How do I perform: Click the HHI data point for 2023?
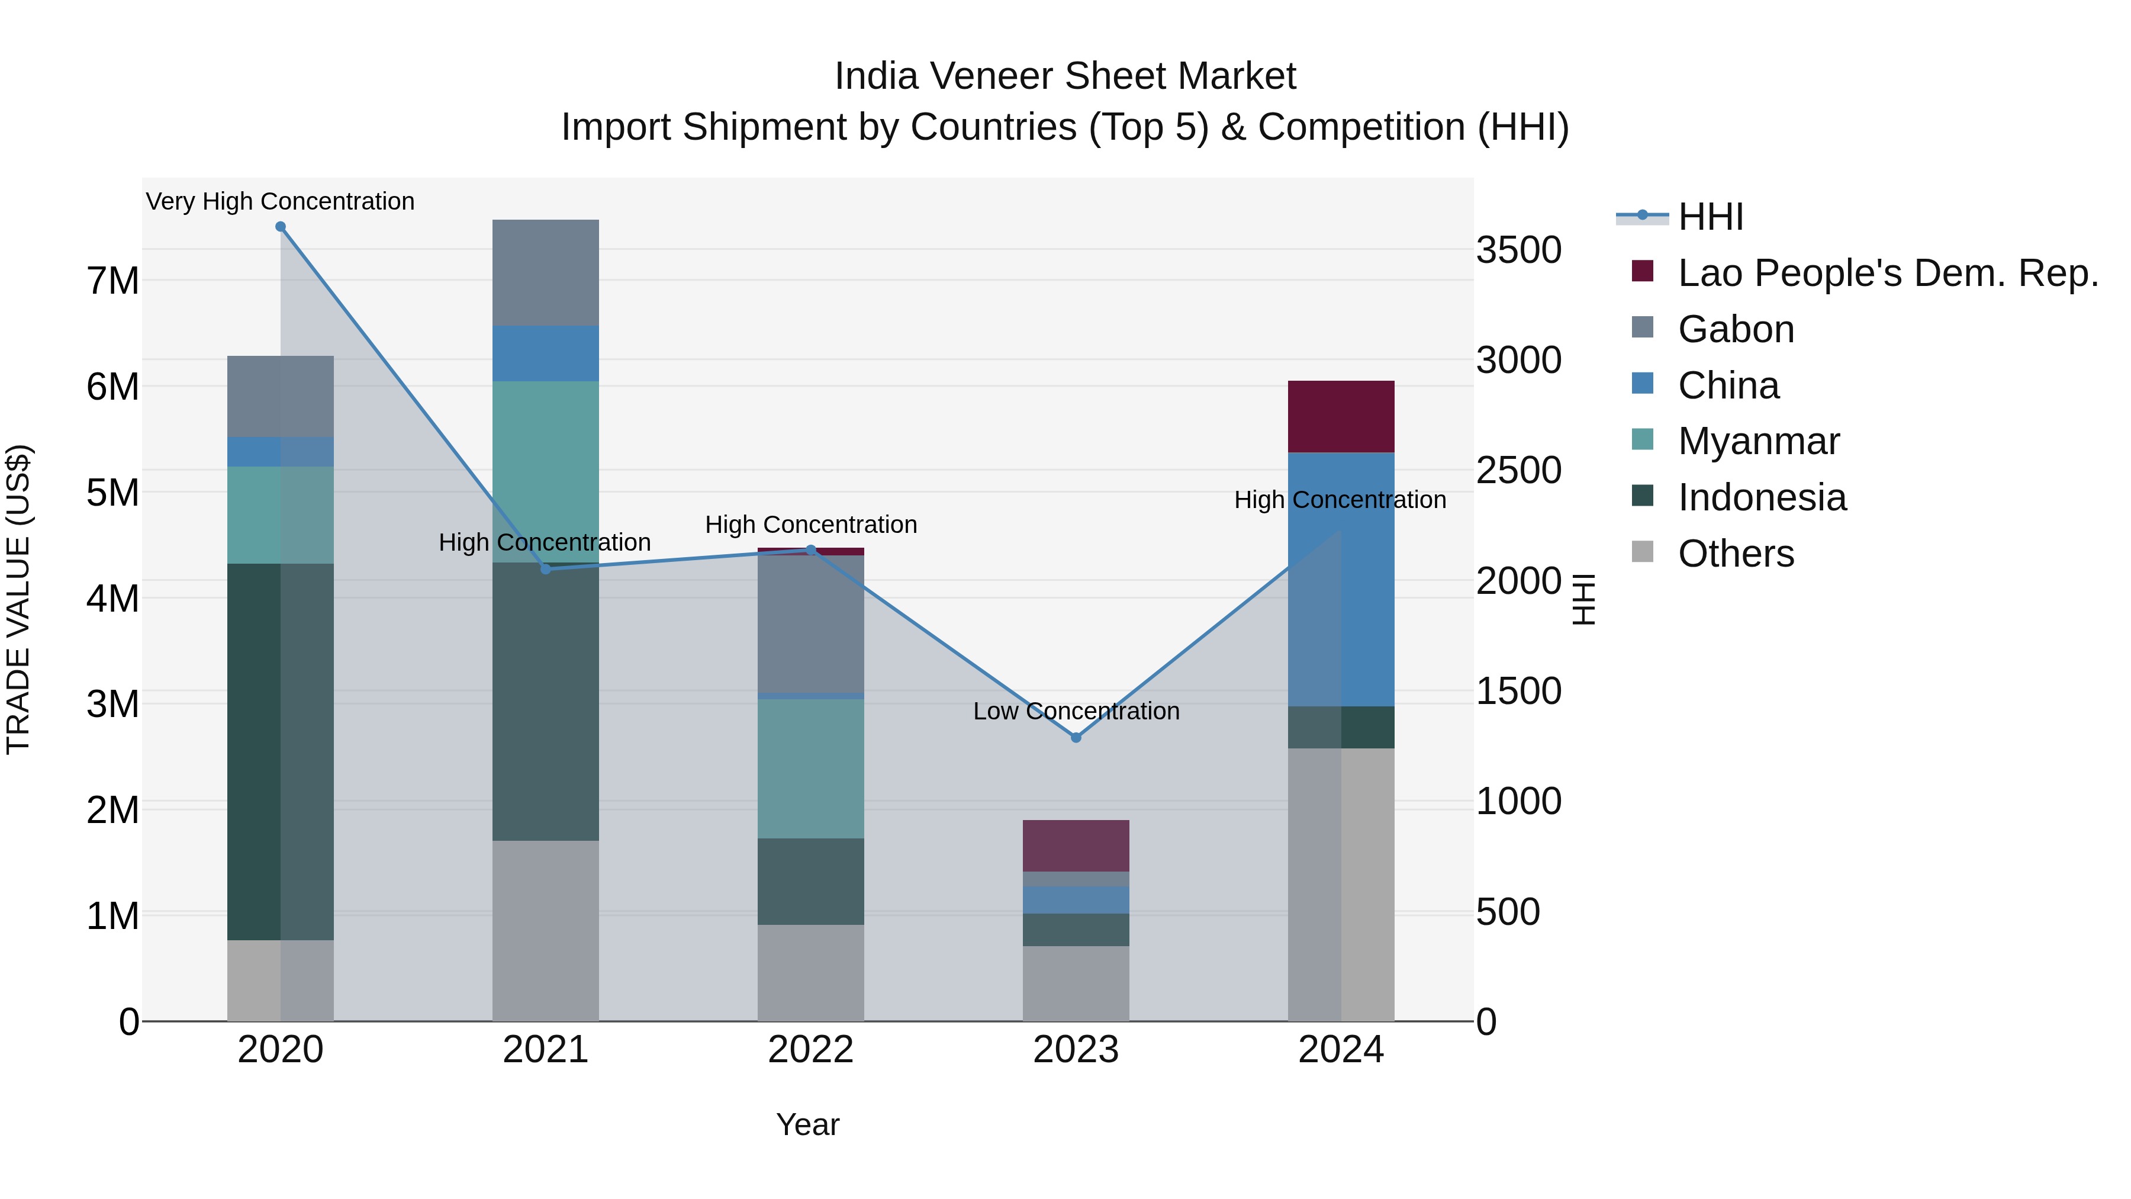click(x=1076, y=737)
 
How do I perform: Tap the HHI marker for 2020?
click(x=281, y=227)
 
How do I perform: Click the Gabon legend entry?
click(x=1736, y=329)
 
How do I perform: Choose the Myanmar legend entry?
click(x=1758, y=441)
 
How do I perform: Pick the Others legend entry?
click(x=1736, y=554)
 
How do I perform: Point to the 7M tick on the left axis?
click(x=113, y=281)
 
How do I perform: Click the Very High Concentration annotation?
click(x=281, y=201)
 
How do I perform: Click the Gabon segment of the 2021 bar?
click(x=545, y=272)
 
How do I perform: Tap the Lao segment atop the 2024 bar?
click(x=1340, y=416)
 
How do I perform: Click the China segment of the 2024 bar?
click(x=1340, y=579)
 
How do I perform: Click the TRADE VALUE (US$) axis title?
click(x=18, y=599)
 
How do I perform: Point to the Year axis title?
click(x=807, y=1124)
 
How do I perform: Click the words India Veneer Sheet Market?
click(x=1065, y=76)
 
